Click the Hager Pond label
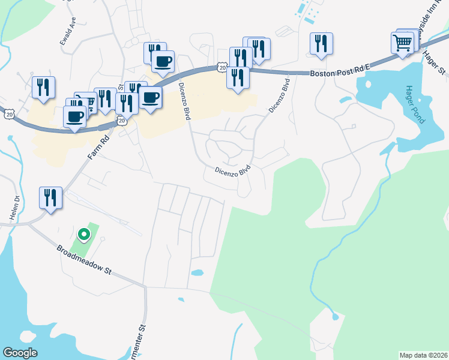pyautogui.click(x=415, y=104)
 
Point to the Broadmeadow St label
pyautogui.click(x=85, y=262)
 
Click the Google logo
pyautogui.click(x=20, y=353)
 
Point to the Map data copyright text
pyautogui.click(x=423, y=355)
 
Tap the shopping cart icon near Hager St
pyautogui.click(x=402, y=43)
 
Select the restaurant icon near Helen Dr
pyautogui.click(x=50, y=197)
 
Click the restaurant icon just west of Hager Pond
pyautogui.click(x=321, y=43)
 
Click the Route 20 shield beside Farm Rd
pyautogui.click(x=122, y=121)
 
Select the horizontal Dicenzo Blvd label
pyautogui.click(x=232, y=171)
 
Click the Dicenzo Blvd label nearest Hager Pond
pyautogui.click(x=279, y=96)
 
